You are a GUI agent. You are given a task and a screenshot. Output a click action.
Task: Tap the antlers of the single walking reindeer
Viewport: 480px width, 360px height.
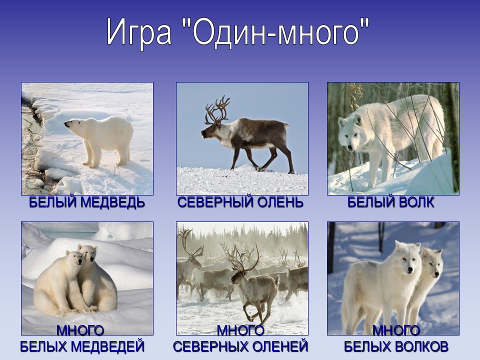pyautogui.click(x=217, y=110)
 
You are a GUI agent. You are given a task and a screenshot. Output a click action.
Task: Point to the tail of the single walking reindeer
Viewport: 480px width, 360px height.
pyautogui.click(x=286, y=125)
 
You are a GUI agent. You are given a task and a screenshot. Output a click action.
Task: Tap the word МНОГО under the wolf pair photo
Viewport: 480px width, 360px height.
pyautogui.click(x=396, y=330)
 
